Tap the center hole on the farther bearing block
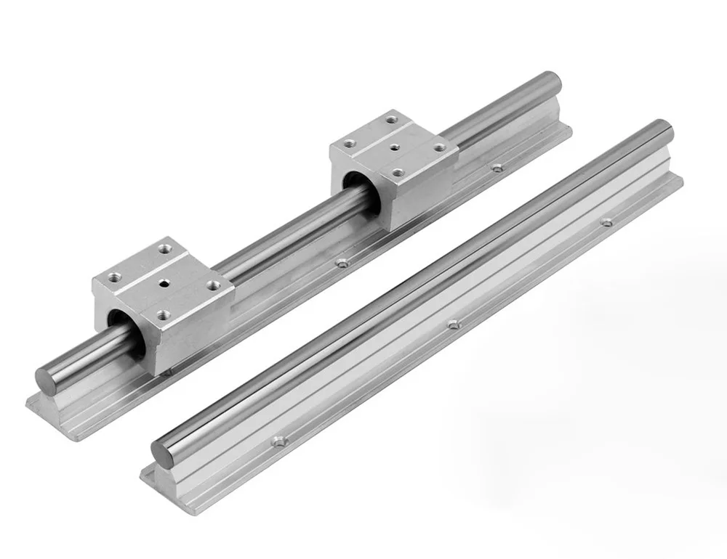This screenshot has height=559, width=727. pos(395,147)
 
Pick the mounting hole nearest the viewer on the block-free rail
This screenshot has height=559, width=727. pos(277,440)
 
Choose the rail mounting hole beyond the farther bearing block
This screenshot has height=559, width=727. pos(497,168)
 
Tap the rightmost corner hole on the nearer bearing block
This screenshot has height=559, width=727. pos(213,285)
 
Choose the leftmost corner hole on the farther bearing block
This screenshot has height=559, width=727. pos(350,144)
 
